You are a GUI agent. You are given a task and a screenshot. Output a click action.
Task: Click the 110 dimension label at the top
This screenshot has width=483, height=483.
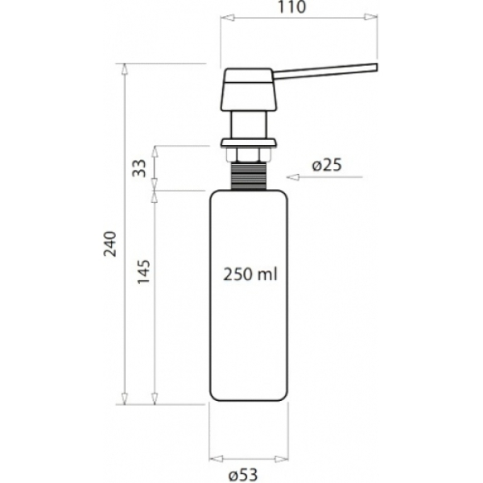[292, 7]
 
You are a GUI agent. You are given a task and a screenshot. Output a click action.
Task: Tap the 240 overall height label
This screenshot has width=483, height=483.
[110, 244]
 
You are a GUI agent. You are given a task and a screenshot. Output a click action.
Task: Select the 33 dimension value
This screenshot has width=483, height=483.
[139, 168]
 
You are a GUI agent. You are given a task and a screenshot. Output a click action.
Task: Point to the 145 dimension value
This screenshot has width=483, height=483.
[143, 272]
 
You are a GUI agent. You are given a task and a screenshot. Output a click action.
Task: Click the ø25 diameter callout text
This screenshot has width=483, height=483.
[327, 165]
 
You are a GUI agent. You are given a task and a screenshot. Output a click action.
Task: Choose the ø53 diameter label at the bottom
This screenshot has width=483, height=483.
[243, 475]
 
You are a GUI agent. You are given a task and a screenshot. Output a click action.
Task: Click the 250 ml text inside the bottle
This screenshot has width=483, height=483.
[250, 275]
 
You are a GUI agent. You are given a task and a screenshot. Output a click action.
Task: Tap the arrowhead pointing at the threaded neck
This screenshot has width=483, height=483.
[293, 177]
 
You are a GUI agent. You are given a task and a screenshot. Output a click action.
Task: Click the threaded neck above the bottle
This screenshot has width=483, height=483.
[249, 175]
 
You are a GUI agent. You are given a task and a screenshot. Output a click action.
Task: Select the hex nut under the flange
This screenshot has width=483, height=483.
[249, 155]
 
